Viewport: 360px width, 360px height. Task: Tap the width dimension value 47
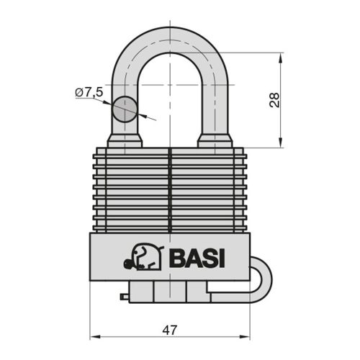click(x=170, y=330)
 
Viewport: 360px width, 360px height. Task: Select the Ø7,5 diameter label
click(x=89, y=92)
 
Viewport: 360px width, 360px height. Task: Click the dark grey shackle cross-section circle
click(x=124, y=109)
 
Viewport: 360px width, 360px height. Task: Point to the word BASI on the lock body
click(x=197, y=256)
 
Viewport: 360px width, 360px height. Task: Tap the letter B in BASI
click(x=176, y=256)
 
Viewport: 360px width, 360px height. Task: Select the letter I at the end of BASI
click(x=221, y=256)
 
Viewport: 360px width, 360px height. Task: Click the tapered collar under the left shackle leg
click(x=124, y=140)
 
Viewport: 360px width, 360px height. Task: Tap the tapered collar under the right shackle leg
click(x=214, y=140)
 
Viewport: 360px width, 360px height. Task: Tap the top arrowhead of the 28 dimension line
click(x=280, y=55)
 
